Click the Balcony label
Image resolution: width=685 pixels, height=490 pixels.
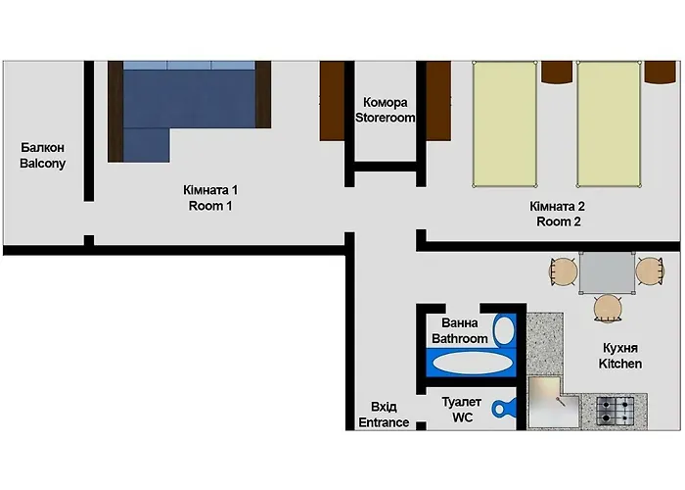42,164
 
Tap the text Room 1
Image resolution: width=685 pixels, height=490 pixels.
210,206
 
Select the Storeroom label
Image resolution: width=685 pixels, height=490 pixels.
388,118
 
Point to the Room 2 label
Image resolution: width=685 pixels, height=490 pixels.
559,221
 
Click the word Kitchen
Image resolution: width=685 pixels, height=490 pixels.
620,364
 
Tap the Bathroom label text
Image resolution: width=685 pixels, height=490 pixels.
460,339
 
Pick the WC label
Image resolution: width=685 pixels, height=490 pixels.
462,416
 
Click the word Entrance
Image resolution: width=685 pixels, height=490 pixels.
383,422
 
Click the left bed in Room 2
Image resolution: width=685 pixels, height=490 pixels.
505,123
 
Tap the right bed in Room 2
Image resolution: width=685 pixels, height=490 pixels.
609,123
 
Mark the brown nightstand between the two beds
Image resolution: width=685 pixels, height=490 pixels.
557,73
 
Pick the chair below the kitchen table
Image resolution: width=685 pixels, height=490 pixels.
608,309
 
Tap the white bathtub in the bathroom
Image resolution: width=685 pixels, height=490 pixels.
472,363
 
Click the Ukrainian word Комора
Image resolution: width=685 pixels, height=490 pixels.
386,102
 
